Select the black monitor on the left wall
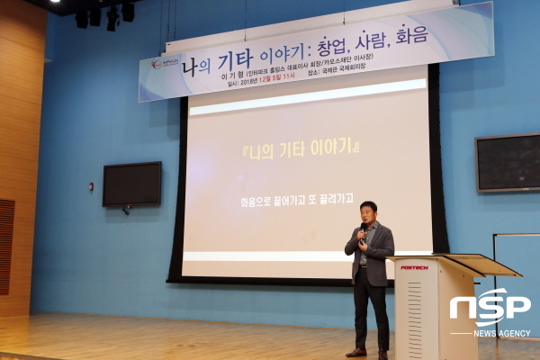tap(131, 184)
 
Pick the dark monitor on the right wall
tap(507, 162)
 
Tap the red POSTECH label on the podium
tap(414, 266)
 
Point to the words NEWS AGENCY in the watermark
tap(502, 334)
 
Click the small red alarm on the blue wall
tap(90, 186)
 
